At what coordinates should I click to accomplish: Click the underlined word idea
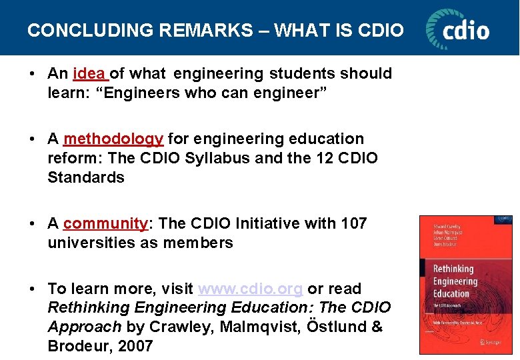click(x=89, y=73)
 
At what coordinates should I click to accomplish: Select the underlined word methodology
click(x=113, y=139)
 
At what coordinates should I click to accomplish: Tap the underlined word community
click(x=105, y=223)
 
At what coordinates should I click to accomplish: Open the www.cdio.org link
click(x=251, y=289)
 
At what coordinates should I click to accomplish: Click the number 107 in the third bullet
click(x=353, y=223)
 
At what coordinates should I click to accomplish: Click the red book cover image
click(x=465, y=284)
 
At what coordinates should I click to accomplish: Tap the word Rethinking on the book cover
click(x=453, y=269)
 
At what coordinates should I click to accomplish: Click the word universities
click(x=91, y=243)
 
